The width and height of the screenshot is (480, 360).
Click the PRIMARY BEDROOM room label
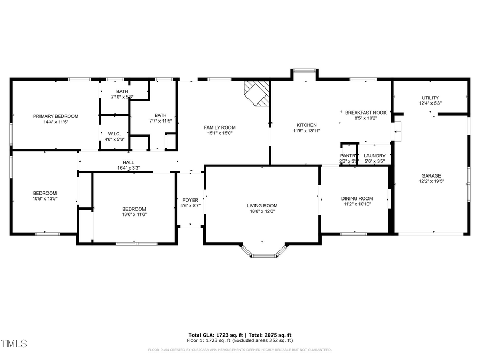(55, 116)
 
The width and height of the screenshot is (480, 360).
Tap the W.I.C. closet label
(114, 133)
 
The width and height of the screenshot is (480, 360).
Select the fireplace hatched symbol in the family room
(256, 93)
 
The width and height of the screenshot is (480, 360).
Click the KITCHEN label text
(307, 125)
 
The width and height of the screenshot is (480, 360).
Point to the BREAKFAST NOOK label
(365, 113)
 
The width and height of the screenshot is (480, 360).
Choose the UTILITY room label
(430, 98)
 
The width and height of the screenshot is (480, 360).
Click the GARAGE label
(431, 175)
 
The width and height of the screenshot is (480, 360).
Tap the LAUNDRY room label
(374, 156)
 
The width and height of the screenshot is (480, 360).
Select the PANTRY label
(348, 156)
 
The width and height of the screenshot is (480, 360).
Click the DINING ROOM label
(357, 198)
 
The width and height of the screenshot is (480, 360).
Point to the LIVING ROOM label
(262, 205)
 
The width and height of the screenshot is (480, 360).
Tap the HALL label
(129, 162)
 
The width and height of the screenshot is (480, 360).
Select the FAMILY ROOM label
(220, 127)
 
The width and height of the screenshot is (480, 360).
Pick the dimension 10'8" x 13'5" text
(45, 198)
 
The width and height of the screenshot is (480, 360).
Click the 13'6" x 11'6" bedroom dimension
(134, 214)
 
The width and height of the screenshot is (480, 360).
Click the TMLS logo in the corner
(14, 343)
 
